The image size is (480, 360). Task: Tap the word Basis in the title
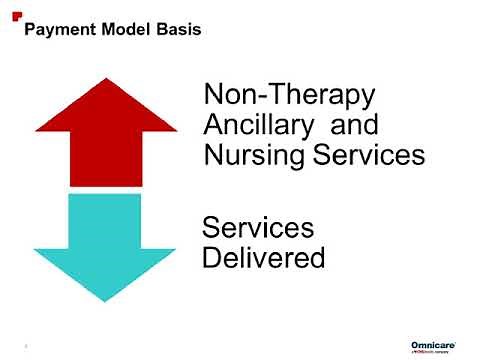pos(177,30)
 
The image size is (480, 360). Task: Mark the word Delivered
pos(264,257)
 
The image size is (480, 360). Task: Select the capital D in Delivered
pos(212,257)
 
